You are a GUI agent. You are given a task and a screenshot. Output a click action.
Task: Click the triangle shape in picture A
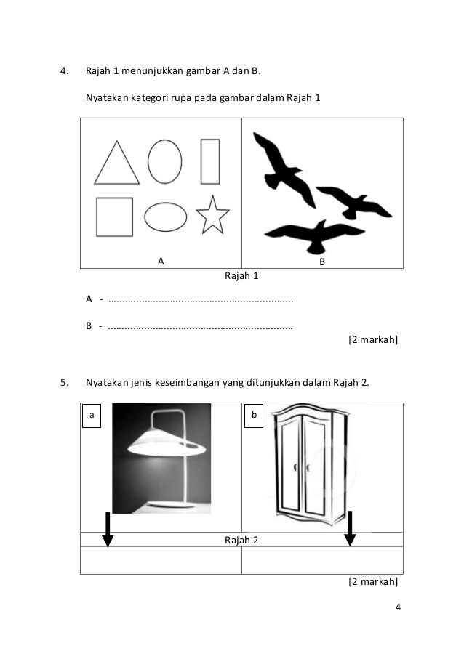pyautogui.click(x=116, y=165)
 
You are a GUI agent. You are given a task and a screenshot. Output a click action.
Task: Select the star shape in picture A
pyautogui.click(x=212, y=216)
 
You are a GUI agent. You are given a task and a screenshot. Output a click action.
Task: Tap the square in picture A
pyautogui.click(x=115, y=217)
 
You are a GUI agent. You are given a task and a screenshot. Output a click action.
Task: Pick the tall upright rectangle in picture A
pyautogui.click(x=210, y=161)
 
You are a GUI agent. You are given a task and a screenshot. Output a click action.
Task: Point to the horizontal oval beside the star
pyautogui.click(x=166, y=217)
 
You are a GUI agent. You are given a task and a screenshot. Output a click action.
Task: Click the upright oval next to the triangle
pyautogui.click(x=165, y=161)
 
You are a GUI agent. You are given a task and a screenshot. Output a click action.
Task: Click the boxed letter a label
pyautogui.click(x=91, y=416)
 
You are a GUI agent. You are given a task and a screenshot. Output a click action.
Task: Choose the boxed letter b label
pyautogui.click(x=254, y=416)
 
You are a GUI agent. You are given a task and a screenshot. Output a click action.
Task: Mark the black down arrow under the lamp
pyautogui.click(x=108, y=529)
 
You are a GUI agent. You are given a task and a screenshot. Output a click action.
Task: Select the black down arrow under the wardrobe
pyautogui.click(x=350, y=529)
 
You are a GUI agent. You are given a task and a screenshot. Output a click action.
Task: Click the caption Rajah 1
pyautogui.click(x=241, y=276)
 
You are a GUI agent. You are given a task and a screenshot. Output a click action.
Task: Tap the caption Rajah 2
pyautogui.click(x=241, y=541)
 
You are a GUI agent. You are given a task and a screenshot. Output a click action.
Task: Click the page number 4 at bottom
pyautogui.click(x=398, y=608)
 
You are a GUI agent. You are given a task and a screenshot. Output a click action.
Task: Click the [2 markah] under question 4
pyautogui.click(x=373, y=339)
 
